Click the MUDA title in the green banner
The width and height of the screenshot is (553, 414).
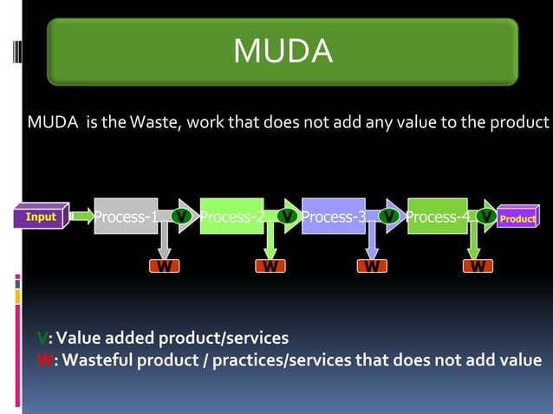pyautogui.click(x=283, y=52)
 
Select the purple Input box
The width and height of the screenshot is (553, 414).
pyautogui.click(x=41, y=217)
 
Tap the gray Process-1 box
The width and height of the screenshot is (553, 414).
pyautogui.click(x=126, y=217)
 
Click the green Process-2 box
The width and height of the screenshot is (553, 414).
pyautogui.click(x=231, y=217)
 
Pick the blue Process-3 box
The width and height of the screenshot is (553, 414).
pyautogui.click(x=334, y=217)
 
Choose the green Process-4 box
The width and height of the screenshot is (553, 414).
pyautogui.click(x=439, y=217)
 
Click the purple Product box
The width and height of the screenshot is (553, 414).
pyautogui.click(x=517, y=218)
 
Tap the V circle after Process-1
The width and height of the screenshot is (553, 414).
pyautogui.click(x=180, y=215)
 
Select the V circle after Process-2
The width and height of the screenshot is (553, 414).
pyautogui.click(x=287, y=215)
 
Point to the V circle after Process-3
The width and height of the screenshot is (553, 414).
pyautogui.click(x=392, y=215)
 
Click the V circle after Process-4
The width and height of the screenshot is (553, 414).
pyautogui.click(x=487, y=215)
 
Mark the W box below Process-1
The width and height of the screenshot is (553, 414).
pyautogui.click(x=163, y=266)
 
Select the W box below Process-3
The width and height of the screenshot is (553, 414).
pyautogui.click(x=372, y=266)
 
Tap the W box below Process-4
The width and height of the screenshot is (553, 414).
pyautogui.click(x=476, y=266)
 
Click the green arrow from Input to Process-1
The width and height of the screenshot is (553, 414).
pyautogui.click(x=82, y=216)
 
